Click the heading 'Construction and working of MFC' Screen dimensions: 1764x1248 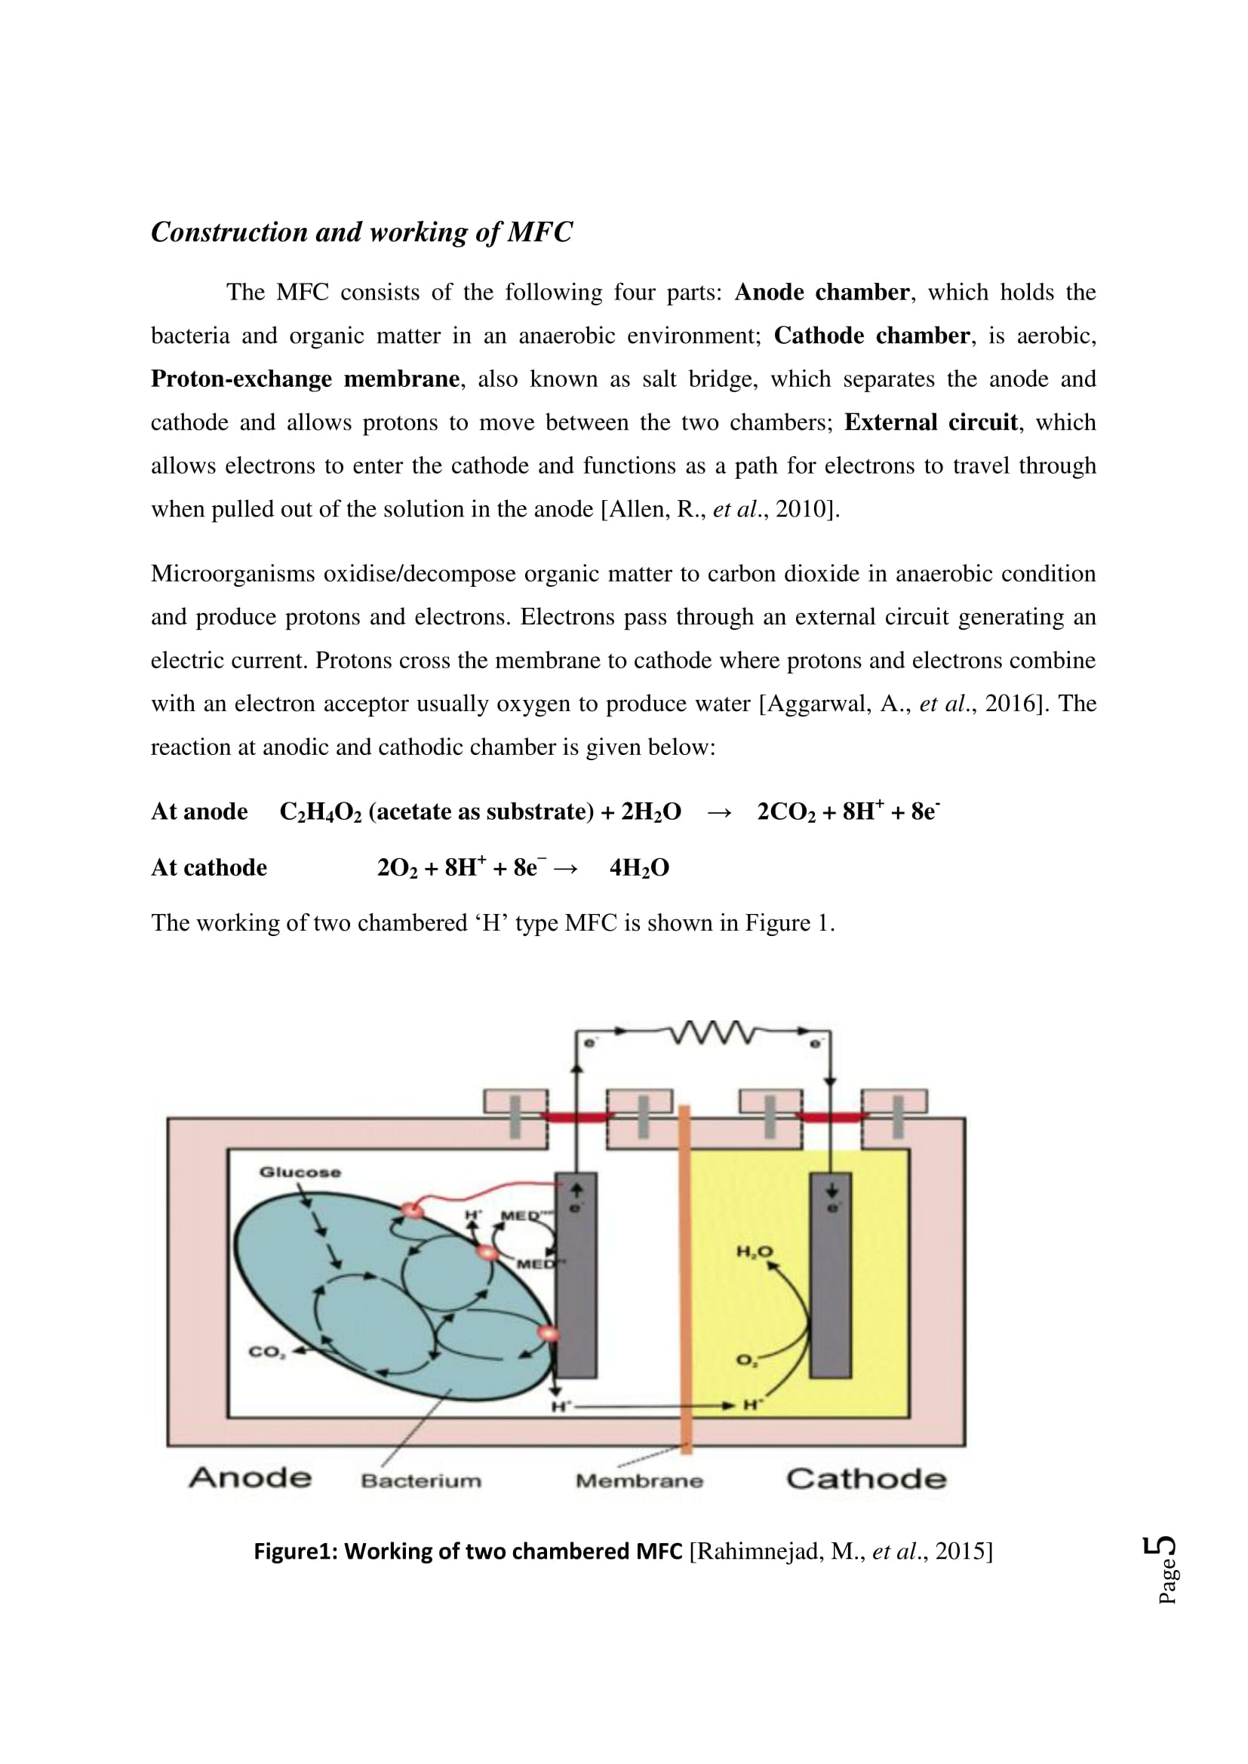(x=361, y=232)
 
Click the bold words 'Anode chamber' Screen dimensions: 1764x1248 (x=822, y=292)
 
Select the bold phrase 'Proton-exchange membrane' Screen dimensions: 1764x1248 (x=305, y=379)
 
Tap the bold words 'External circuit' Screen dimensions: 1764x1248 (x=930, y=422)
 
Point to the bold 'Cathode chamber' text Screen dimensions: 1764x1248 (x=871, y=336)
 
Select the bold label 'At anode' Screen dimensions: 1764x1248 (x=199, y=811)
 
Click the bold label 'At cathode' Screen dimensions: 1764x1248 (x=209, y=867)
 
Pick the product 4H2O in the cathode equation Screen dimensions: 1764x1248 (x=638, y=868)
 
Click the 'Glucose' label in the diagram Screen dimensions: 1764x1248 (x=300, y=1172)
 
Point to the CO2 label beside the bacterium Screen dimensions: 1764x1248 (x=266, y=1352)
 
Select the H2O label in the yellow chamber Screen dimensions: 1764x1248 (x=755, y=1253)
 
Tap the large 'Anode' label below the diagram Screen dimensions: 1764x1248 (x=251, y=1477)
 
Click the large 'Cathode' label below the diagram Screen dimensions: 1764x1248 (x=866, y=1479)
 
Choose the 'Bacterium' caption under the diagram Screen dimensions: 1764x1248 (x=421, y=1480)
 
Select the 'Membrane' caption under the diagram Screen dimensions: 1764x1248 (x=639, y=1480)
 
